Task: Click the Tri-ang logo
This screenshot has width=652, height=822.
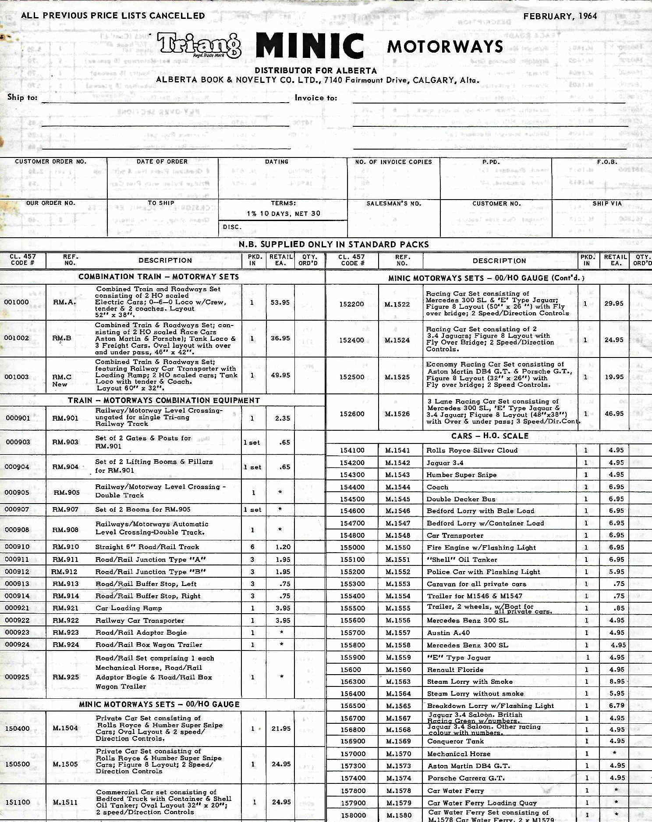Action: pos(199,46)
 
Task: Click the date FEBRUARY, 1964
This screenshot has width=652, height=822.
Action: pos(560,16)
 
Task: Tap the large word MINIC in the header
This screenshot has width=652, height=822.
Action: pos(310,46)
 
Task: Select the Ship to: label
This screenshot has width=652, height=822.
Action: pos(22,97)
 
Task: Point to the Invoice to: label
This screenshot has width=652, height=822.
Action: pos(316,98)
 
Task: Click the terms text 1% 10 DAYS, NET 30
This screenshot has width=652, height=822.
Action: pos(283,214)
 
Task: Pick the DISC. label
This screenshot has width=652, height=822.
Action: pos(232,227)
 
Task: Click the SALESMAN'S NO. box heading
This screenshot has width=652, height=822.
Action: pos(393,204)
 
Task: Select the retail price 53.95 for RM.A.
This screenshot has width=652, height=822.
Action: pos(280,302)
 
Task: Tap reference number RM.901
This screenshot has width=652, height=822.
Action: pos(66,418)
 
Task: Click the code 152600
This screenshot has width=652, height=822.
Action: pos(351,414)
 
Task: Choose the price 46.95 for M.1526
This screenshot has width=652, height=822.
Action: pos(614,413)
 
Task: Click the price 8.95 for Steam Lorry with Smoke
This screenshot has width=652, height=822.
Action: pos(617,682)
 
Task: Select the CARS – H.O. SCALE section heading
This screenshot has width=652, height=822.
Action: pos(490,436)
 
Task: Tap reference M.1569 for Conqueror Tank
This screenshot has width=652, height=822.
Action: pos(398,741)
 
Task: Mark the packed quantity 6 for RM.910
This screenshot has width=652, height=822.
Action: pos(252,547)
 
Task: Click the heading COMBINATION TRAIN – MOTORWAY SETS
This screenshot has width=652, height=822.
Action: pos(159,277)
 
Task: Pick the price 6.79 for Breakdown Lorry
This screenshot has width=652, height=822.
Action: pos(616,706)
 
